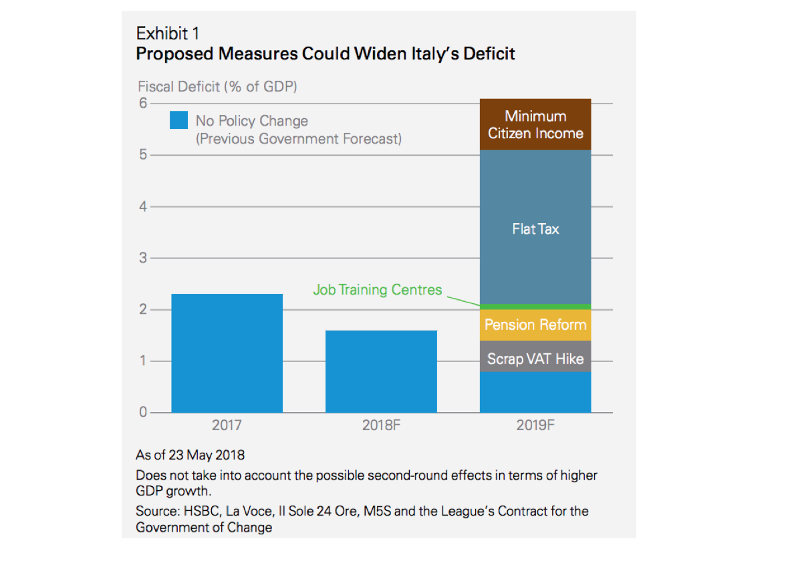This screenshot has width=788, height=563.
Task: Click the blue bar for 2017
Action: pos(227,353)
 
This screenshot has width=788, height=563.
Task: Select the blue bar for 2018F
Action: pos(381,371)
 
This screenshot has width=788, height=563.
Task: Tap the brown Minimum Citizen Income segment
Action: pos(535,124)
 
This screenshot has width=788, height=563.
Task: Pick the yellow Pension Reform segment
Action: pos(535,325)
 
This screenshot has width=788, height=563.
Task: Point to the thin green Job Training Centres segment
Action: pos(535,307)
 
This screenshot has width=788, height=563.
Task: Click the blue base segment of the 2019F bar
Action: pos(535,392)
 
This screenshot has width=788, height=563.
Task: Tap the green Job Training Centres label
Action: pos(378,290)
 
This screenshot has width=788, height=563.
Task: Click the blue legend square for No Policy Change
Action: pos(178,121)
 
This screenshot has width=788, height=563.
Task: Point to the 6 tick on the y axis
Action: pos(142,104)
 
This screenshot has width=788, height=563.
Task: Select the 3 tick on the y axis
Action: pos(142,258)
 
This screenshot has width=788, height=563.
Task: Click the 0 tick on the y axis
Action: pos(142,412)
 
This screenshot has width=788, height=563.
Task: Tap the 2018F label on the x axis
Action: pos(381,425)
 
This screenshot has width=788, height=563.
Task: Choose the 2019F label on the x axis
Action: pos(535,425)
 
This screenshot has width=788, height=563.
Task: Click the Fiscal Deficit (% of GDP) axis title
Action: pos(217,87)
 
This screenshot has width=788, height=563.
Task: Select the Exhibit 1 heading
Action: pos(167,33)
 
